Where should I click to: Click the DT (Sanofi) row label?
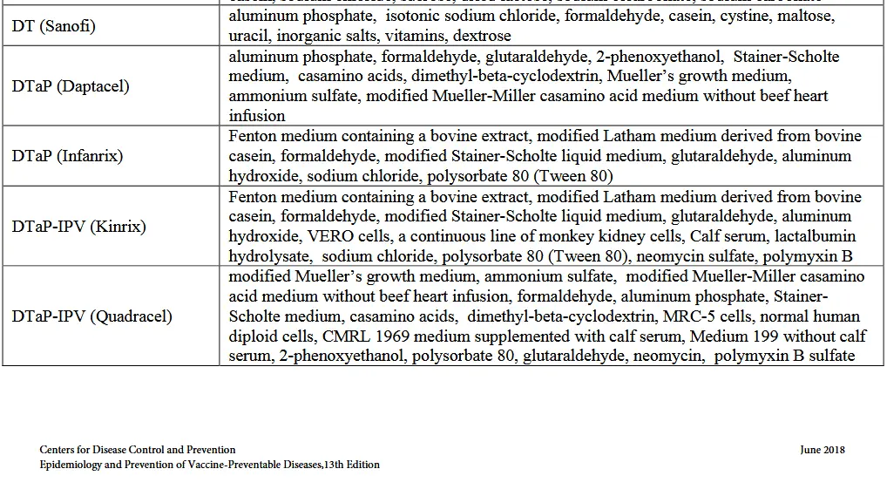(x=54, y=26)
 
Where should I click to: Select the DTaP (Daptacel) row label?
(x=71, y=86)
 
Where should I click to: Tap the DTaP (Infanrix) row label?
(x=67, y=156)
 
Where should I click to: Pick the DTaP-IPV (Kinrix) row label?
(x=79, y=227)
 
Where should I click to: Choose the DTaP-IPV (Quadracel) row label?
(x=92, y=316)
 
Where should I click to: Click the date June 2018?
(x=822, y=450)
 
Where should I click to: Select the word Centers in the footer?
(x=58, y=450)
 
